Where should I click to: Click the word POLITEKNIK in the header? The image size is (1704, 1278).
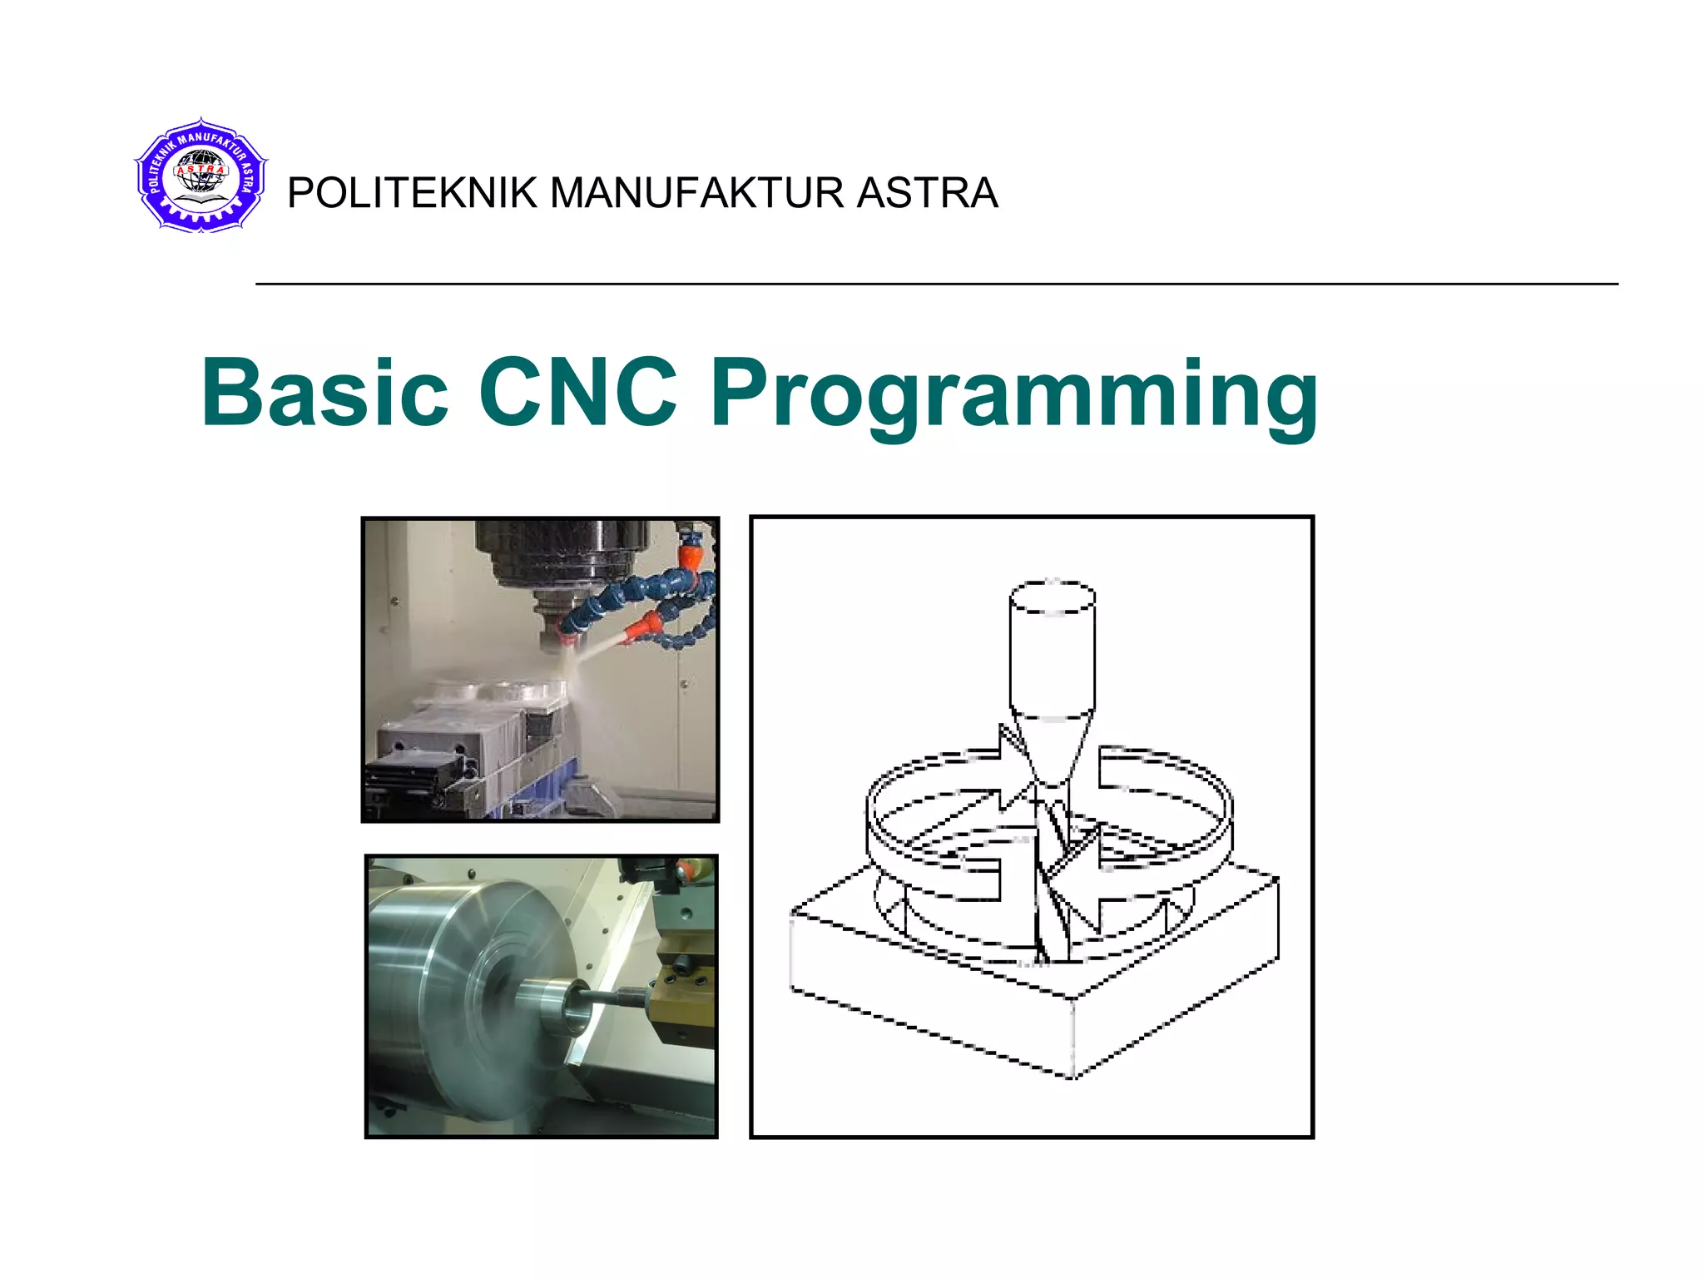coord(412,193)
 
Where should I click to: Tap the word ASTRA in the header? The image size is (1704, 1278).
coord(927,193)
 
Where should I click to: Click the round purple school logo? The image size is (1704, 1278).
coord(201,176)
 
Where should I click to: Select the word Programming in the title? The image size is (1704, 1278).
coord(1013,395)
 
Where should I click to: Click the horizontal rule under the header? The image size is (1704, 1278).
coord(936,285)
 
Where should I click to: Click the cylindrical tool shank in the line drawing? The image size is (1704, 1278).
coord(1053,649)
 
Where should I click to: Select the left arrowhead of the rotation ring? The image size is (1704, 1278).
coord(1011,774)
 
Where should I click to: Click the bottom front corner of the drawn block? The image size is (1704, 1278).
coord(1072,1075)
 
